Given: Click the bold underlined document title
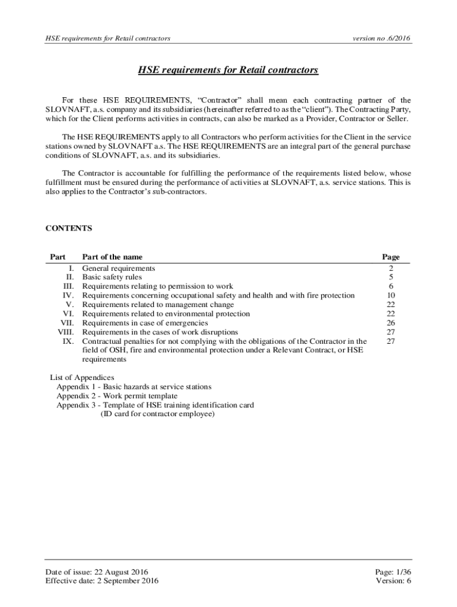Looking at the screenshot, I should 228,71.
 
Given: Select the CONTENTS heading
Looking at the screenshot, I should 69,228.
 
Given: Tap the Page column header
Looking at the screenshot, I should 391,257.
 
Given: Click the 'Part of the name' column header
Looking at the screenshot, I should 112,257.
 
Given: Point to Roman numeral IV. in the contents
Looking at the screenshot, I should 68,295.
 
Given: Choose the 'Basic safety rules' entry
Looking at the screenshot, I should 112,277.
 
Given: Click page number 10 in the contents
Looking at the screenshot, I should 391,295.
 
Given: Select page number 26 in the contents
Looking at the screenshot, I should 391,323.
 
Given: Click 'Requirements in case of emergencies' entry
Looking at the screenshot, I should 145,323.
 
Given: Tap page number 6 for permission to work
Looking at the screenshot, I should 391,286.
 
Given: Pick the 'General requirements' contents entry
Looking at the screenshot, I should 119,268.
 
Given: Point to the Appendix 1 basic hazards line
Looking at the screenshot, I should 134,386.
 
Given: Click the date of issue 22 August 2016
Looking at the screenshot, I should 97,572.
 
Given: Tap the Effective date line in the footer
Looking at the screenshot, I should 102,581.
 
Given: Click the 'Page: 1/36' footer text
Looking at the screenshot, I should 393,572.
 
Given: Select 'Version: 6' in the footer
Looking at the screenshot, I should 393,581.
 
